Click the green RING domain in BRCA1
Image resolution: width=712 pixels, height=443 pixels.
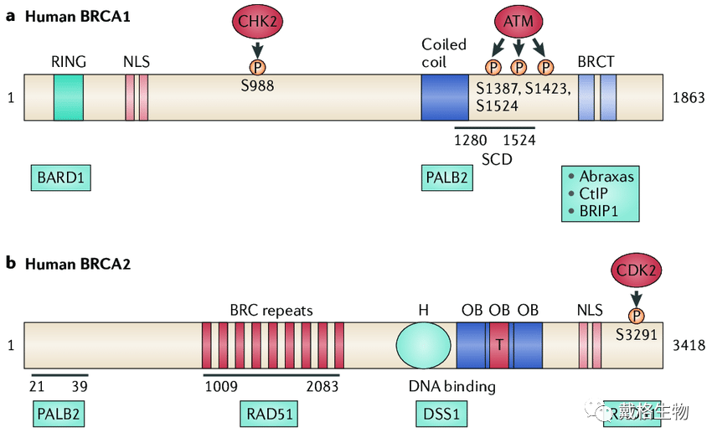click(69, 97)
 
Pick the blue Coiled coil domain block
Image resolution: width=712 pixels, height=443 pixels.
click(444, 97)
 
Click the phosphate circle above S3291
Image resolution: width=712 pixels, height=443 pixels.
click(637, 316)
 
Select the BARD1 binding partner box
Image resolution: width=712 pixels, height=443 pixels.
click(61, 178)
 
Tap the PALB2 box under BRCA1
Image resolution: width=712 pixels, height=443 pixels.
click(445, 178)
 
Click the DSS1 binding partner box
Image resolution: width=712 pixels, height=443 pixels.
click(440, 413)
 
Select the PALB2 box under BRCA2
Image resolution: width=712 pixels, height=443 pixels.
click(60, 413)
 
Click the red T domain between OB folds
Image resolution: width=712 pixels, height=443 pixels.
click(500, 344)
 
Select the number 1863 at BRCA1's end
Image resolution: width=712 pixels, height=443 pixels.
click(689, 98)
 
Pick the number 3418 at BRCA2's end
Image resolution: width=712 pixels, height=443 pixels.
click(689, 344)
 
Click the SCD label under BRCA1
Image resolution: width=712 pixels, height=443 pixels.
click(496, 158)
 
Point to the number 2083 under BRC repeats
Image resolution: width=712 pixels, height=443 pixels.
click(321, 388)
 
